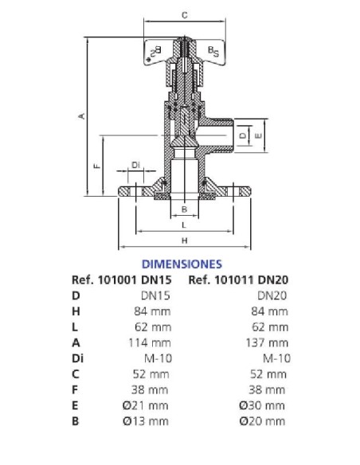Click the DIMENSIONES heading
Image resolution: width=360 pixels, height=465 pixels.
(x=181, y=263)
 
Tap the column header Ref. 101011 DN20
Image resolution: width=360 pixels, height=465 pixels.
(x=237, y=279)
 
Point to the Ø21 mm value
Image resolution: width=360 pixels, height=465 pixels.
(x=150, y=405)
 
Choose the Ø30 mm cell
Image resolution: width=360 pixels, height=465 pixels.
(x=267, y=405)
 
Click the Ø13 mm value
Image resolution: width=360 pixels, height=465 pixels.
(x=150, y=421)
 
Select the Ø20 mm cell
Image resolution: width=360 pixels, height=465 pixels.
(x=267, y=421)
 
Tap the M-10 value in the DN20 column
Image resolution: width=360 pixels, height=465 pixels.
(x=276, y=358)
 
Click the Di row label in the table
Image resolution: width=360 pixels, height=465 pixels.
(x=76, y=358)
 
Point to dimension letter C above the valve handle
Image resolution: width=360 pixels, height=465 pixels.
(x=184, y=15)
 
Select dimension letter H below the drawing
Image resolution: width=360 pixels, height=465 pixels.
(x=184, y=240)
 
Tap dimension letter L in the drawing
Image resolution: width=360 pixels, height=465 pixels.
(x=184, y=225)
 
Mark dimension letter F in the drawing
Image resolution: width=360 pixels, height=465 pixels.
(x=96, y=166)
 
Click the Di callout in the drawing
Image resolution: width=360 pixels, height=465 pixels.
(x=135, y=165)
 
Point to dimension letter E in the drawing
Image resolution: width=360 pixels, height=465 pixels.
(x=258, y=136)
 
